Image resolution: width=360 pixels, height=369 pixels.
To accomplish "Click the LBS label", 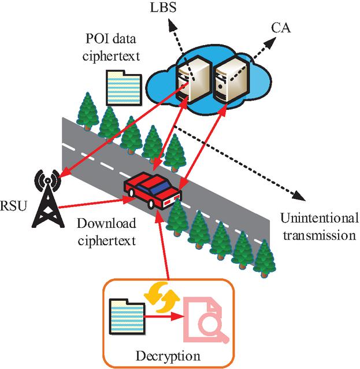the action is pyautogui.click(x=163, y=8).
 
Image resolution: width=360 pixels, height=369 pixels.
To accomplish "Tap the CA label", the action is pyautogui.click(x=281, y=28).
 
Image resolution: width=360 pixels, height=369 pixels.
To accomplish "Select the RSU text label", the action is pyautogui.click(x=13, y=205).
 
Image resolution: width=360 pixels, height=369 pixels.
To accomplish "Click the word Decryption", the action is pyautogui.click(x=168, y=356).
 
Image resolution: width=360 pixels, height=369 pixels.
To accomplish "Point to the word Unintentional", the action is pyautogui.click(x=320, y=218).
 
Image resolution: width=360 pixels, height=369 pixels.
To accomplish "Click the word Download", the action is pyautogui.click(x=106, y=223).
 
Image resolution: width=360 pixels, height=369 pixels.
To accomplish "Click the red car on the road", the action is pyautogui.click(x=153, y=190).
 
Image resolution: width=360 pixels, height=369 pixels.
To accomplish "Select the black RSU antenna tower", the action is pyautogui.click(x=48, y=198).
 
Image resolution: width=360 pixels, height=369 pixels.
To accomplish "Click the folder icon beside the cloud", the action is pyautogui.click(x=124, y=87).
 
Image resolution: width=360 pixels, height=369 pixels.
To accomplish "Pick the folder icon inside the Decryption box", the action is pyautogui.click(x=127, y=316).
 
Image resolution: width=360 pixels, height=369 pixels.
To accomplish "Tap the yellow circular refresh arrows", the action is pyautogui.click(x=162, y=298).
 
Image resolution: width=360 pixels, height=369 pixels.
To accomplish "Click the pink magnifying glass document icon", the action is pyautogui.click(x=205, y=320).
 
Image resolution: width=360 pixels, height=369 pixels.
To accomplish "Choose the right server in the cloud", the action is pyautogui.click(x=232, y=79).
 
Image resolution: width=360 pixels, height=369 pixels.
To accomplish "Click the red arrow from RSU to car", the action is pyautogui.click(x=97, y=204).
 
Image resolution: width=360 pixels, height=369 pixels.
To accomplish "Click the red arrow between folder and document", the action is pyautogui.click(x=165, y=316).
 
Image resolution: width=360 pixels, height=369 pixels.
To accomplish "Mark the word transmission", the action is pyautogui.click(x=320, y=235).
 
